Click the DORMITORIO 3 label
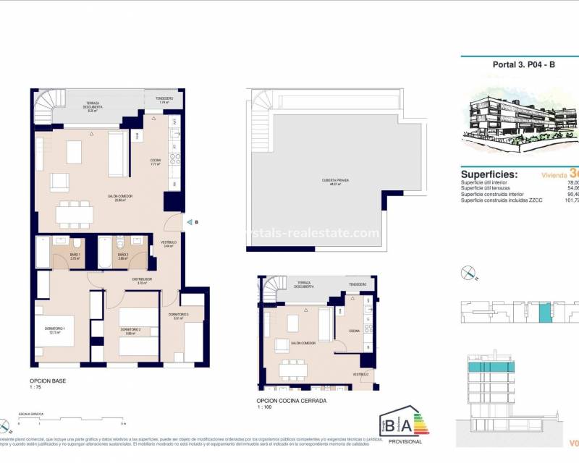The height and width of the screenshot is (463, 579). coord(179,315)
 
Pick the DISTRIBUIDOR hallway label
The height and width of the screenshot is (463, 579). coord(142,280)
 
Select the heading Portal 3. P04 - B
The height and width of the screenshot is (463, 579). coord(519,65)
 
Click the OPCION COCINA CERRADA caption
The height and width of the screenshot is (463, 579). coord(291,400)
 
